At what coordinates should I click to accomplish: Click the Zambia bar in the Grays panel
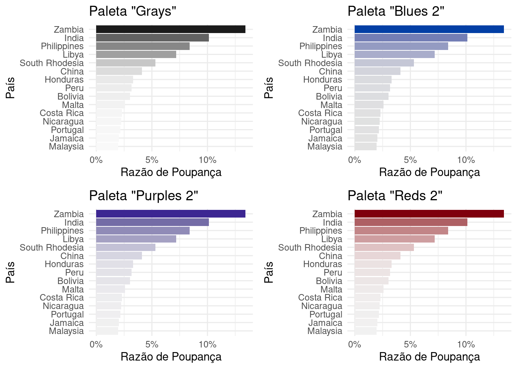170,29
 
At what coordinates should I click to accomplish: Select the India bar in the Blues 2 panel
410,38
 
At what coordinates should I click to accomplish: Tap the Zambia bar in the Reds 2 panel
429,214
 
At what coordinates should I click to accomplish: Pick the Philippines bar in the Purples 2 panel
143,231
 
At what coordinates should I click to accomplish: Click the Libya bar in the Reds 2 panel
394,239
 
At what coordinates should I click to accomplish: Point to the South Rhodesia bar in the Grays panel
125,63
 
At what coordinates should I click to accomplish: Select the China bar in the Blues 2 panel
377,71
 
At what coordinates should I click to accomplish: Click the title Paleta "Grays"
132,11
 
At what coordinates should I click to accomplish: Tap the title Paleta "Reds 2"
395,196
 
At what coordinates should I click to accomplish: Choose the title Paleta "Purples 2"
143,196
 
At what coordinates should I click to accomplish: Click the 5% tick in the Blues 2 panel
410,160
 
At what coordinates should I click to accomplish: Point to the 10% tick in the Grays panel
207,160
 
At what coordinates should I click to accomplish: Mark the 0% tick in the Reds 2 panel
354,345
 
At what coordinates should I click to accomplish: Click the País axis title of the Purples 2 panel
10,272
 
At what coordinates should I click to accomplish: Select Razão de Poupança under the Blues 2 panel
429,172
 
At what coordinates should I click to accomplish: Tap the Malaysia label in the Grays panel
66,146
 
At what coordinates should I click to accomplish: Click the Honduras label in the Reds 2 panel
322,264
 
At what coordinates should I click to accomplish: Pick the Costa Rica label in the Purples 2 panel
62,298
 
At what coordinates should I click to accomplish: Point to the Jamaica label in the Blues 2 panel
325,138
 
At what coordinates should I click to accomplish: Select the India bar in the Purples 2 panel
152,222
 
